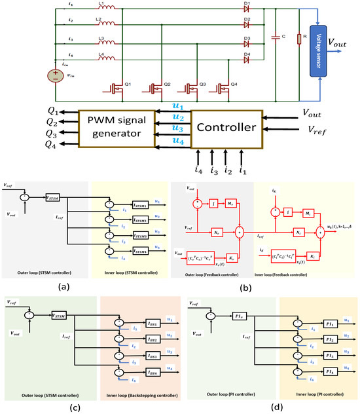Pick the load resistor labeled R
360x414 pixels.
299,39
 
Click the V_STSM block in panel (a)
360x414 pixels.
53,197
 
